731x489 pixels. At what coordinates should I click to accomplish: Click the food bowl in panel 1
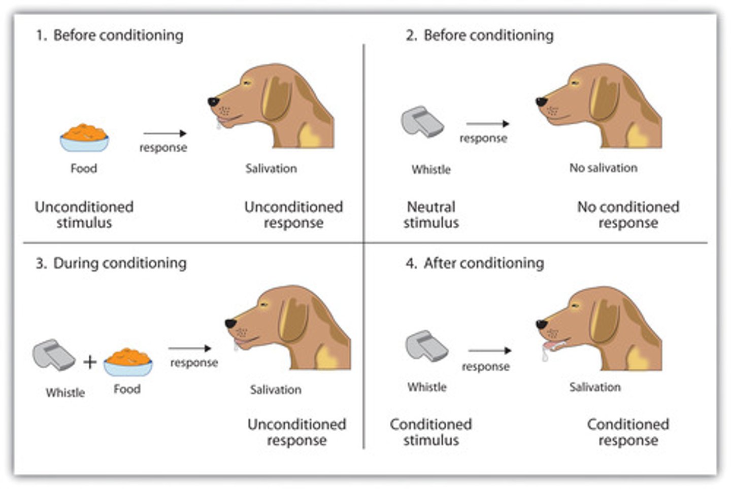pyautogui.click(x=84, y=138)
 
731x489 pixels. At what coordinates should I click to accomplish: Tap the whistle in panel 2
pyautogui.click(x=422, y=122)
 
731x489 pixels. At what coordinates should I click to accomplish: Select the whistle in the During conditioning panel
pyautogui.click(x=53, y=355)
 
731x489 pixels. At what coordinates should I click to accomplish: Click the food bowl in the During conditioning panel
pyautogui.click(x=128, y=362)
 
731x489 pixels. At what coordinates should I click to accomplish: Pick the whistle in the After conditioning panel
pyautogui.click(x=426, y=346)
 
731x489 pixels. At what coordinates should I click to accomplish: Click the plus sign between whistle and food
pyautogui.click(x=90, y=362)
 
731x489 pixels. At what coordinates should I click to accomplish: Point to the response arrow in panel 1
pyautogui.click(x=165, y=133)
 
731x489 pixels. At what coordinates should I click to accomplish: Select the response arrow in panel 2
pyautogui.click(x=487, y=124)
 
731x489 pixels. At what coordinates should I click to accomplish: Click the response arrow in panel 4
pyautogui.click(x=489, y=351)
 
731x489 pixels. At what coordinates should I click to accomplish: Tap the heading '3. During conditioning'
pyautogui.click(x=111, y=263)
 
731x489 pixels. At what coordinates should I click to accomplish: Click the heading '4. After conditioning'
pyautogui.click(x=475, y=263)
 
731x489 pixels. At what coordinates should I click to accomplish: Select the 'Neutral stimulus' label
pyautogui.click(x=431, y=215)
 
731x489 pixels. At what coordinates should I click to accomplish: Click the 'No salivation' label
pyautogui.click(x=603, y=168)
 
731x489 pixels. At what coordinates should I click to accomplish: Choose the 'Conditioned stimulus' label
pyautogui.click(x=431, y=432)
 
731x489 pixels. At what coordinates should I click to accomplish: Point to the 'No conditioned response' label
pyautogui.click(x=628, y=215)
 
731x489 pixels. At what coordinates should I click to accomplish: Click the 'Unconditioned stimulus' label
pyautogui.click(x=84, y=215)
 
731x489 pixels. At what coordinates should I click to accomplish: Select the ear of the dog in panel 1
pyautogui.click(x=277, y=99)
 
